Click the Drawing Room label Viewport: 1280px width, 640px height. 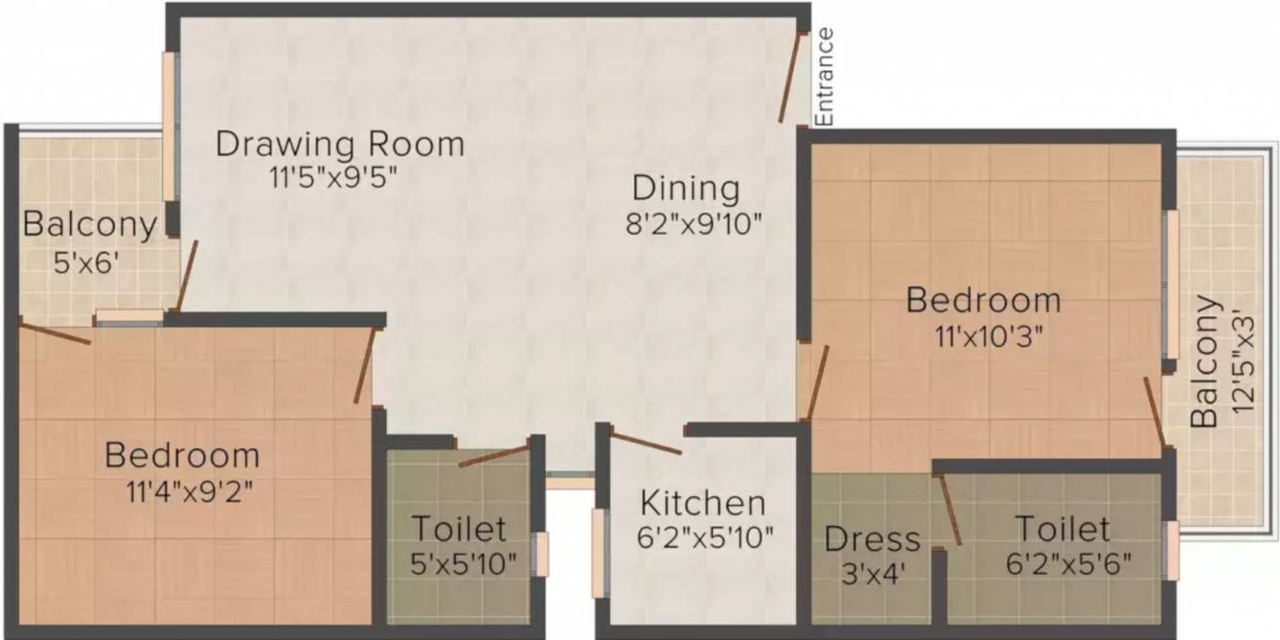[339, 144]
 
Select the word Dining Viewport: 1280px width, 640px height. [686, 188]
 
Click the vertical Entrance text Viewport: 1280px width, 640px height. [824, 77]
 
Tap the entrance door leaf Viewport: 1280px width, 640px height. [790, 78]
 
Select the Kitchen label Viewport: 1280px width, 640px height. [702, 502]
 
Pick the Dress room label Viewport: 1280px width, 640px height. [872, 538]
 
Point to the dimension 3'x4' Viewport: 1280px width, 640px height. [871, 573]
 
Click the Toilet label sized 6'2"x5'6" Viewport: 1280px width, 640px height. [1062, 528]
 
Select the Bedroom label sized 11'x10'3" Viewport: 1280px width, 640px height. [983, 300]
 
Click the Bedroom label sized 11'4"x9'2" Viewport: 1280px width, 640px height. [182, 454]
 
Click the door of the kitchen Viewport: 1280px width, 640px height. [646, 444]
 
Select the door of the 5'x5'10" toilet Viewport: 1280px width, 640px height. [493, 455]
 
